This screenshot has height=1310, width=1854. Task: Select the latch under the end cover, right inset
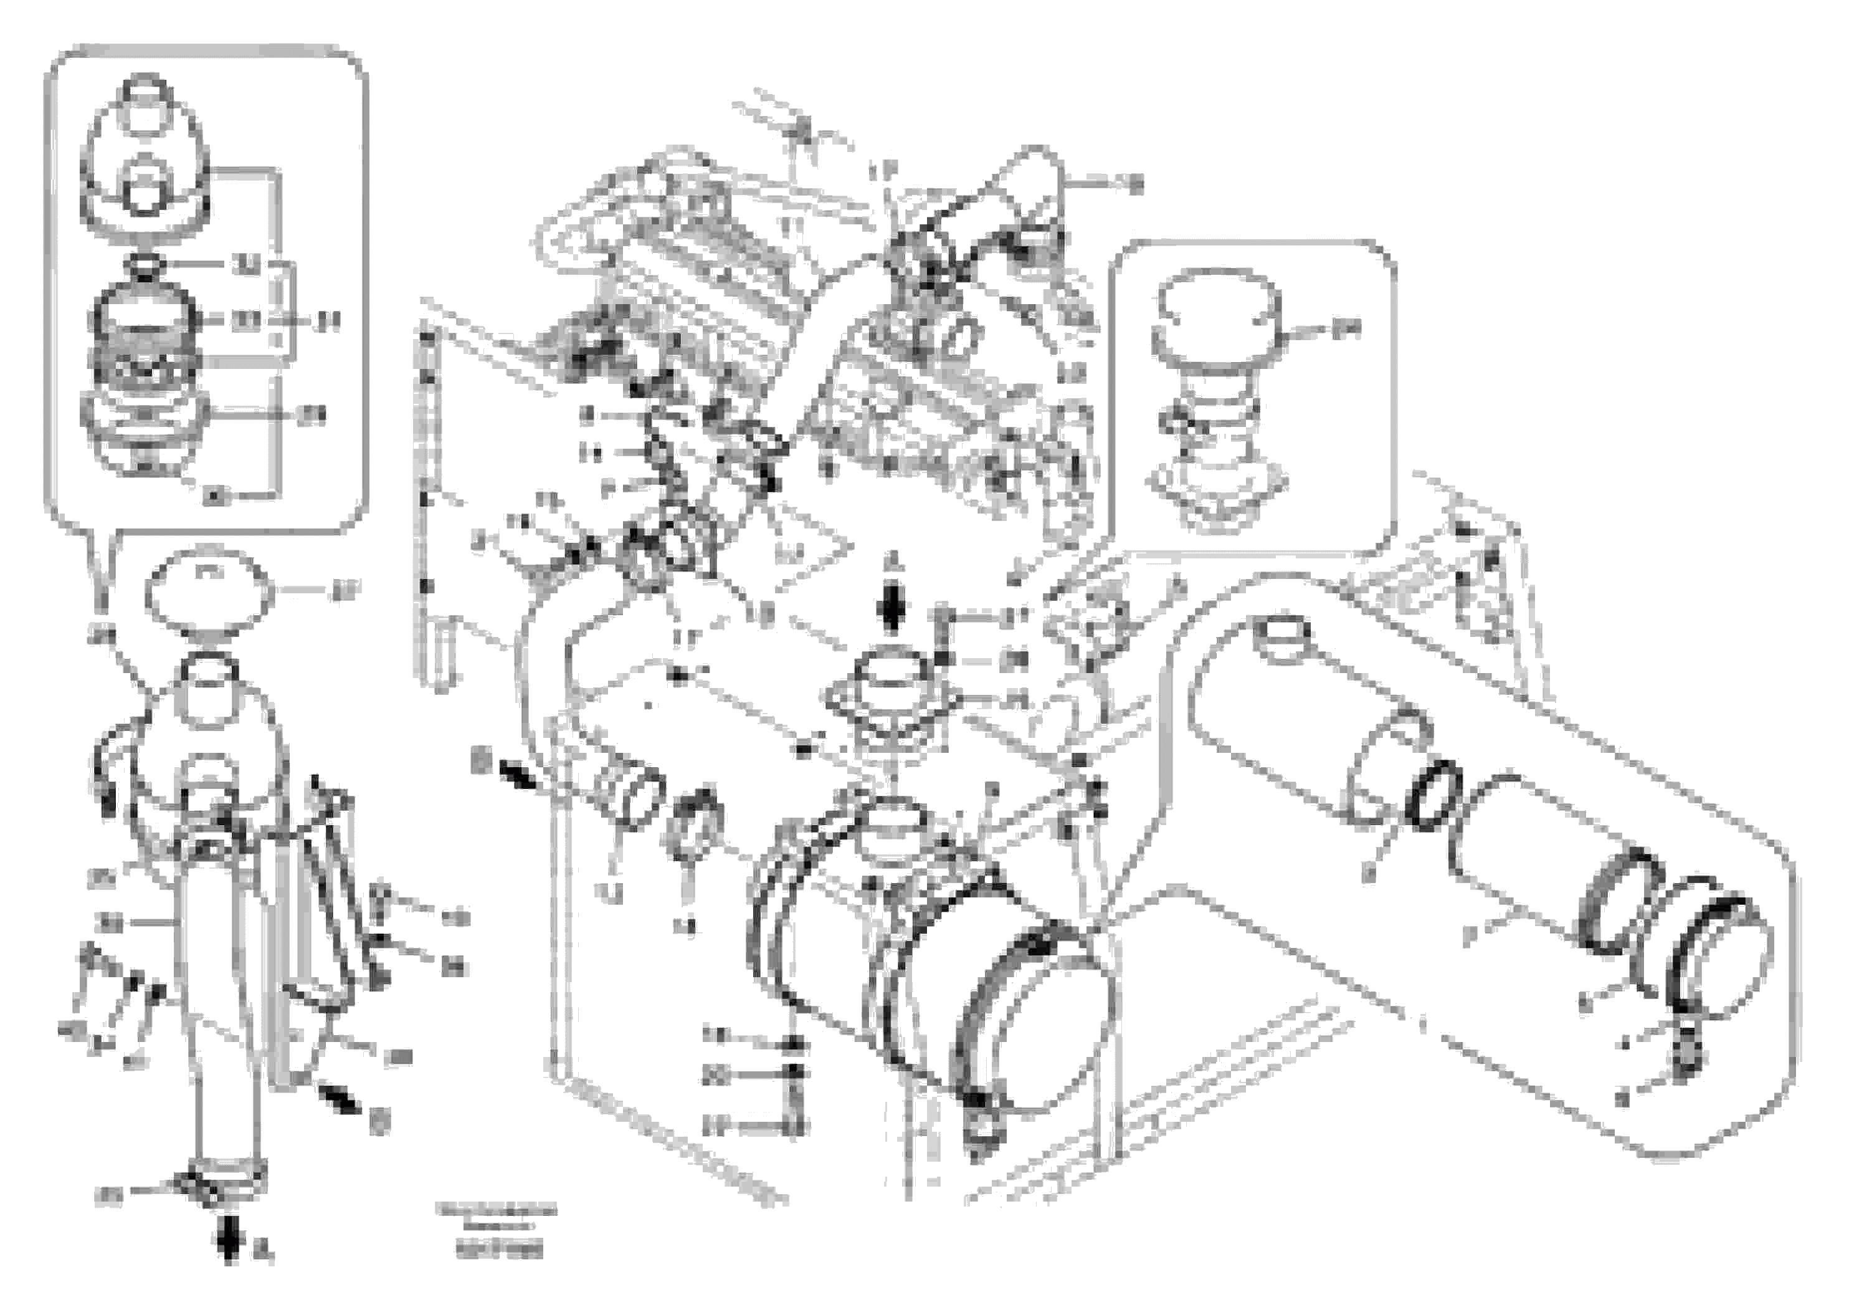pyautogui.click(x=1694, y=1050)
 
